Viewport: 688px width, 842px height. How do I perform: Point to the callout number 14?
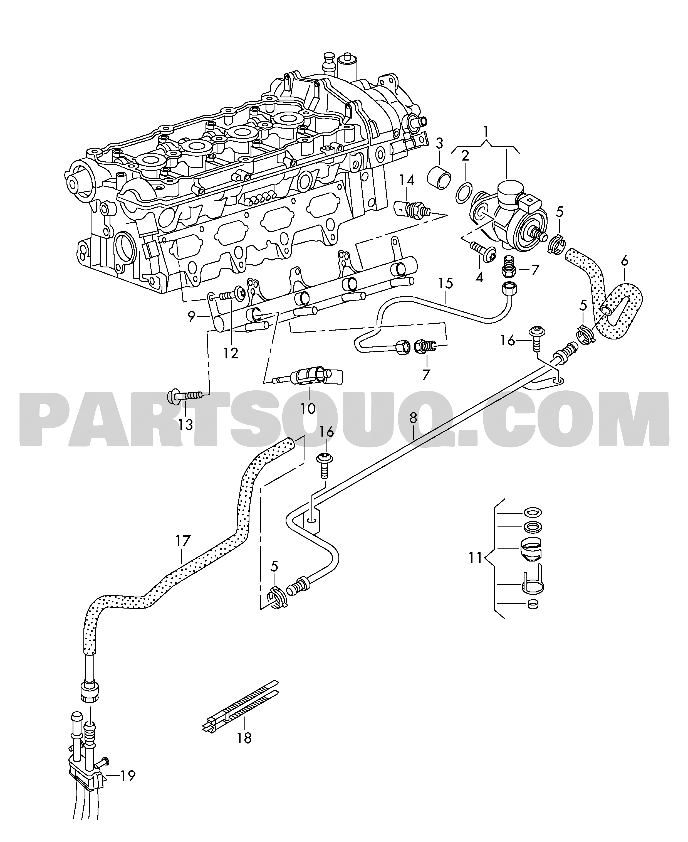(x=406, y=181)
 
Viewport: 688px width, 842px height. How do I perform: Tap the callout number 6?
(x=625, y=261)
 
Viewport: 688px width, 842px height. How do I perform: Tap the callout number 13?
(x=185, y=425)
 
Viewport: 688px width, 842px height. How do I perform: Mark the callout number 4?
(x=479, y=277)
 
